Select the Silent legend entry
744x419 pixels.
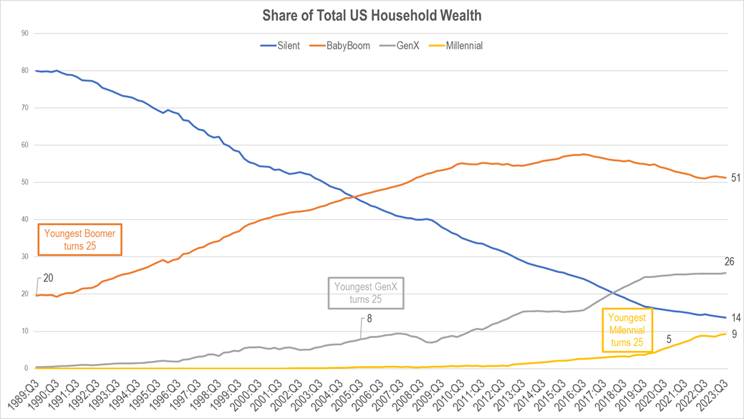[x=280, y=46]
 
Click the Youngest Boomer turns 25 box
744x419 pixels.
[x=80, y=240]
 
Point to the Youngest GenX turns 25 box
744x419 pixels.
[x=366, y=293]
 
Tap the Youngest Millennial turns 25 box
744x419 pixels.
[x=627, y=331]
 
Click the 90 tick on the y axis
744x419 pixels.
[x=24, y=33]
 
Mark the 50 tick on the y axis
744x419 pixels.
[x=24, y=182]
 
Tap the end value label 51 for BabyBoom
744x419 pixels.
[x=735, y=178]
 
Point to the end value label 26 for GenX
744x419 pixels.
[x=729, y=262]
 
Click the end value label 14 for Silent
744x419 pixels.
[x=735, y=318]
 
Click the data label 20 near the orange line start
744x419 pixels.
[x=49, y=279]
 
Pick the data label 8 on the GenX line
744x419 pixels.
[x=369, y=319]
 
